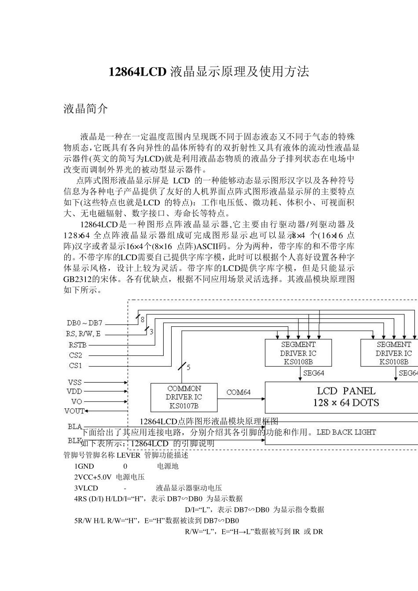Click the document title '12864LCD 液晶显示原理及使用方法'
[209, 72]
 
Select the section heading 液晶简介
[85, 109]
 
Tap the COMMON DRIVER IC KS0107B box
[184, 397]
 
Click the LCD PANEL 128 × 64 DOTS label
[346, 397]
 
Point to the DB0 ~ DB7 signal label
[84, 323]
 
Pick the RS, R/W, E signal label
[83, 334]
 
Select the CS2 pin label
[75, 355]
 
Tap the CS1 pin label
[75, 366]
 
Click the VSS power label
[75, 382]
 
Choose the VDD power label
[74, 391]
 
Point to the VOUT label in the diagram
[74, 411]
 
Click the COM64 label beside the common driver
[238, 392]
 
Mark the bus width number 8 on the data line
[143, 320]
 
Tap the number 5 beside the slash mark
[188, 367]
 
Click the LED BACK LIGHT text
[346, 432]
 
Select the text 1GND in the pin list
[84, 466]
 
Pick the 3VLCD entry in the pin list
[86, 488]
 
